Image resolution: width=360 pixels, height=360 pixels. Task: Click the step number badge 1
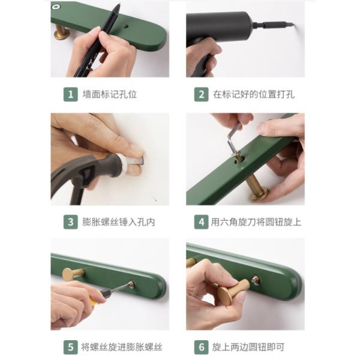71,94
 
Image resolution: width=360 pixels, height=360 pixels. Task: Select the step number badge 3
71,221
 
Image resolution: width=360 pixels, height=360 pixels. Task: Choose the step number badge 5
71,347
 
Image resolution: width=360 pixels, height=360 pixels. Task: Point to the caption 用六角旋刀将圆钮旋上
256,221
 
